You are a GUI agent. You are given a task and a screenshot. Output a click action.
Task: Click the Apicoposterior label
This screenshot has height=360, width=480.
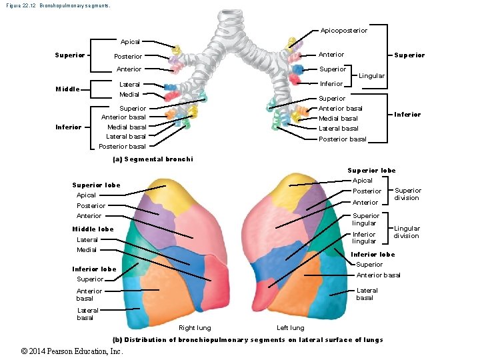coord(343,30)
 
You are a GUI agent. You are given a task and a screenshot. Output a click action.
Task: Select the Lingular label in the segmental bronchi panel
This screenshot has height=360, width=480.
coord(371,76)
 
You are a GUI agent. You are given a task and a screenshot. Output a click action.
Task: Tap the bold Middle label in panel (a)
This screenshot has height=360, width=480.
coord(67,89)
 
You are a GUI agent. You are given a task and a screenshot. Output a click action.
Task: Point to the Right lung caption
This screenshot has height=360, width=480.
coord(195,327)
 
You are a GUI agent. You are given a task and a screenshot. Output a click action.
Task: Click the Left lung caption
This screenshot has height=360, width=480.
coord(291,327)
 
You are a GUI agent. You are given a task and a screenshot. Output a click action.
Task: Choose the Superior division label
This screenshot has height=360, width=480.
coord(407,194)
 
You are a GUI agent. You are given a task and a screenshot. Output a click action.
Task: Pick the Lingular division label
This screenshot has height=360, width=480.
coord(406,232)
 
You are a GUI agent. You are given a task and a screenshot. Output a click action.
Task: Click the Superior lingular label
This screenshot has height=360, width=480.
coord(365,219)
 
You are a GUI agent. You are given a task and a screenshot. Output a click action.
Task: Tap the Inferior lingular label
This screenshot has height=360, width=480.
coord(364,238)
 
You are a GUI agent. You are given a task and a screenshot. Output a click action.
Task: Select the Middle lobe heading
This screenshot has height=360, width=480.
coord(93,229)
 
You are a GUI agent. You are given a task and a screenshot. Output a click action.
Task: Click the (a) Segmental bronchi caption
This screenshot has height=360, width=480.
coord(153,159)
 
